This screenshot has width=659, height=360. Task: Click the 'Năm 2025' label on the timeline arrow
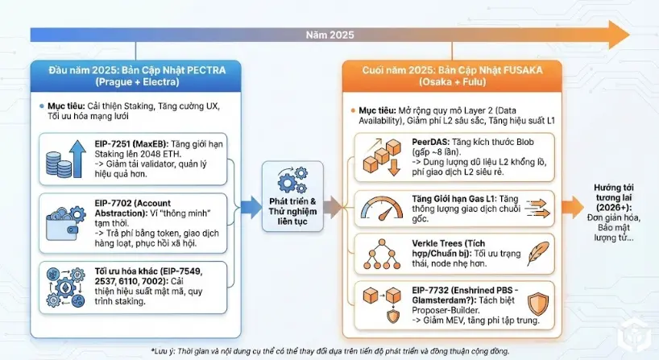tap(329, 35)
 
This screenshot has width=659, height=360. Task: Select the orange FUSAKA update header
tap(442, 75)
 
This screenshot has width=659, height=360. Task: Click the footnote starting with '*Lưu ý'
tap(329, 350)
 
